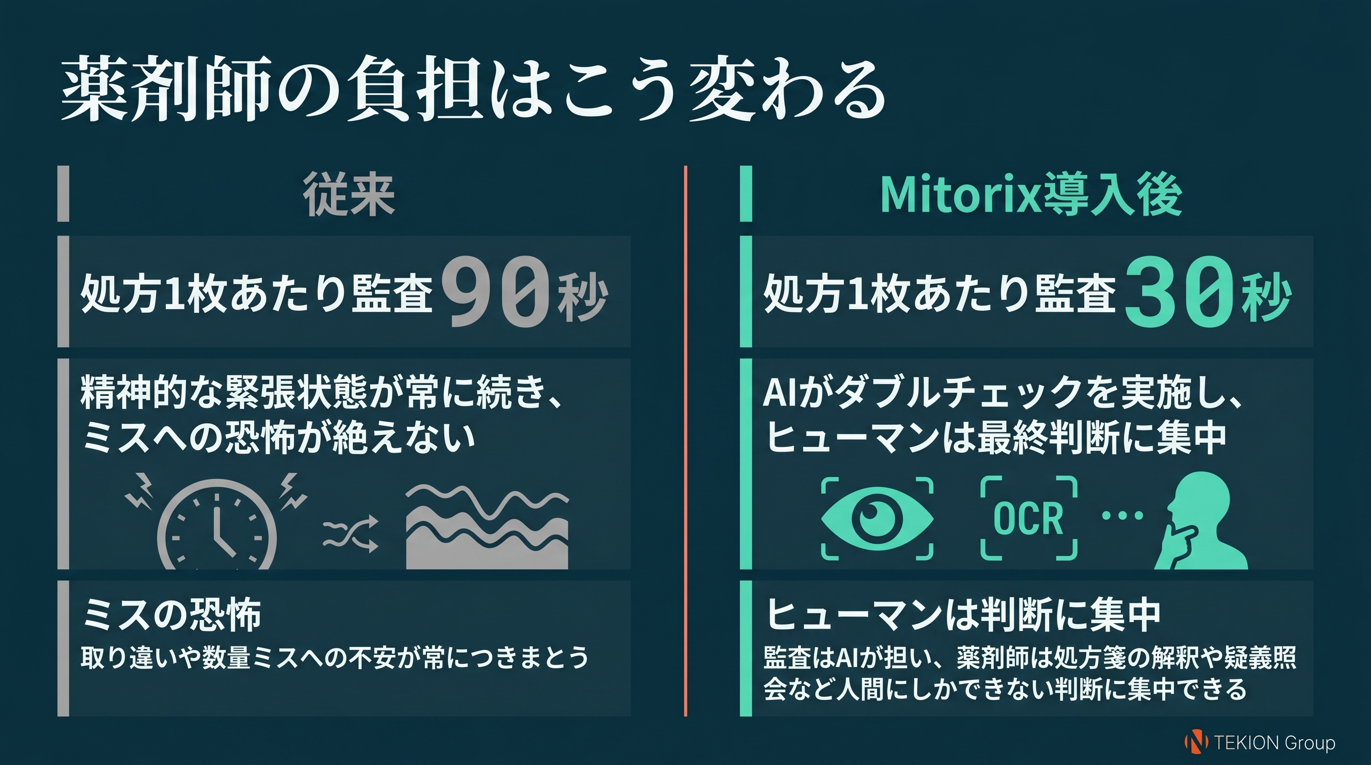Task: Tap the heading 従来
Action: click(349, 195)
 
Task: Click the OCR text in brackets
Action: click(1028, 518)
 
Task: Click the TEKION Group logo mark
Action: click(1195, 742)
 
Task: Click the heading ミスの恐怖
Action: click(171, 615)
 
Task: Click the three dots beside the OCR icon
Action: click(1122, 515)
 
